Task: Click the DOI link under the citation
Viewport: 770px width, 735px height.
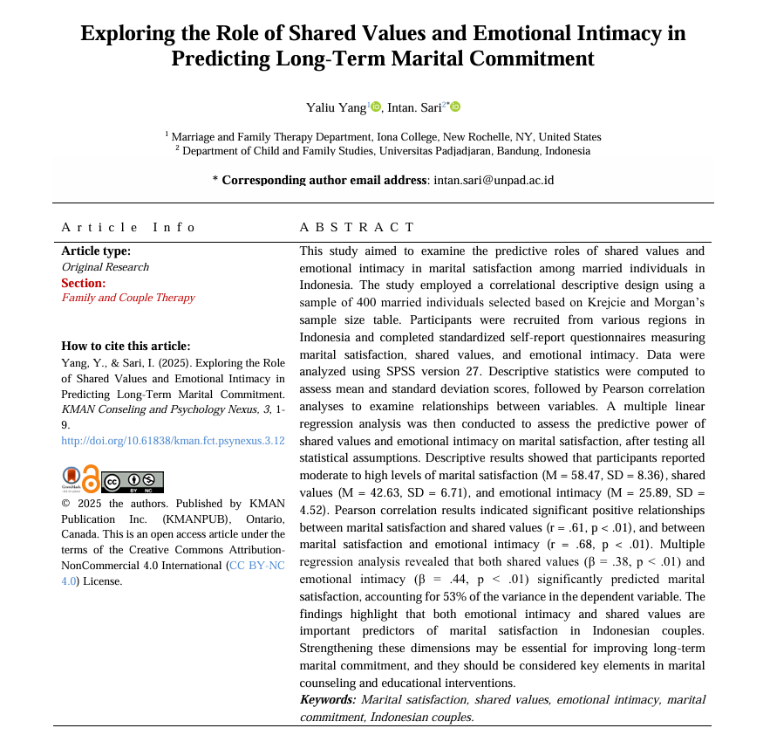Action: [173, 440]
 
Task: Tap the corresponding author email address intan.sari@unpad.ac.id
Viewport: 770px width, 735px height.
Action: [494, 181]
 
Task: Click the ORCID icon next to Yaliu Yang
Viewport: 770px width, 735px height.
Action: [376, 106]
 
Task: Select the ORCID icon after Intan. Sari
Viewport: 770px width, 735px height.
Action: [455, 106]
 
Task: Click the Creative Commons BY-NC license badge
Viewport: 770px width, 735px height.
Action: [133, 482]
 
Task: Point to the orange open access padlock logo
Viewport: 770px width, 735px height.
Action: [90, 479]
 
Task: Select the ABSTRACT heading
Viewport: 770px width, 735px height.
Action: [357, 227]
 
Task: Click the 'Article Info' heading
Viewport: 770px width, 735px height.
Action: [128, 227]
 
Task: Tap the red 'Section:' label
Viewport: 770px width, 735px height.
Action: [83, 283]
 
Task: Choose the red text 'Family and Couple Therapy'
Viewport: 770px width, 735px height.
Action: [127, 298]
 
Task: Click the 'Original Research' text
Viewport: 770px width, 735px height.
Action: [105, 267]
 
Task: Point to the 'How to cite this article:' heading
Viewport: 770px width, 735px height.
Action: [126, 346]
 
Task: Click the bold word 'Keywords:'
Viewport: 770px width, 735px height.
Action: [328, 699]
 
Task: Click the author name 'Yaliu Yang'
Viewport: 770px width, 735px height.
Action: [336, 107]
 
